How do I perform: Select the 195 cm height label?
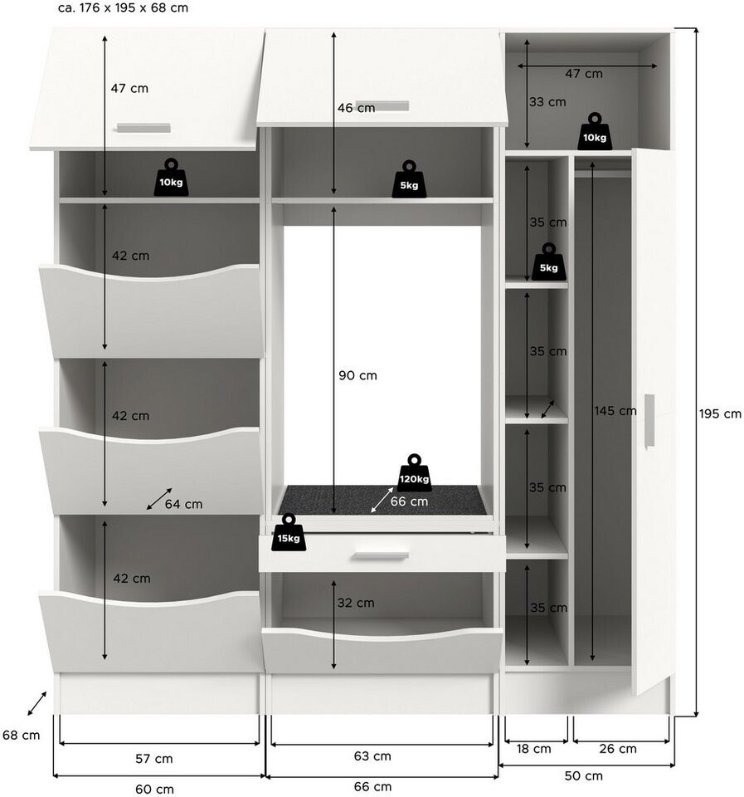pos(720,413)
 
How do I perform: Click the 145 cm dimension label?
pos(615,410)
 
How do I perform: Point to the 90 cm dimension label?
pos(357,375)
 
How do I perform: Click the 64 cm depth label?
pos(183,504)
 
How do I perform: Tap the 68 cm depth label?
pos(21,735)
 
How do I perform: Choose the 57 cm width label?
pos(154,759)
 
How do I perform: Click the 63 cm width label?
pos(372,756)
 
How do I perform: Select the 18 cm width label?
pos(534,749)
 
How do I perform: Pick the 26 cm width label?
pos(618,749)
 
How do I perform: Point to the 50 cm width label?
pos(584,776)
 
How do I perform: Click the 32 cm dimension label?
pos(356,603)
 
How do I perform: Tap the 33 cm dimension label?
pos(547,101)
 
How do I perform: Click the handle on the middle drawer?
pos(382,556)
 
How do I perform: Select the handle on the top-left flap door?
pos(143,127)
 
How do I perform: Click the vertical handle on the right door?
pos(649,422)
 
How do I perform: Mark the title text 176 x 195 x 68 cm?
pos(134,7)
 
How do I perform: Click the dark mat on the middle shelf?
pos(382,499)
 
